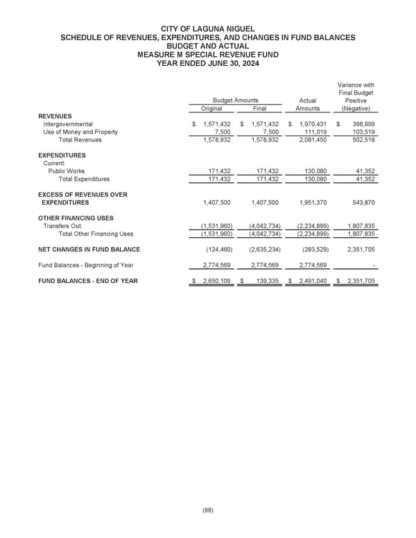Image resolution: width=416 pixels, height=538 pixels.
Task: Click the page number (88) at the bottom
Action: [x=207, y=510]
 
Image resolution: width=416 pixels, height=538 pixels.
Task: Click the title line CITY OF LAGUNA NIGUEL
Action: [x=207, y=28]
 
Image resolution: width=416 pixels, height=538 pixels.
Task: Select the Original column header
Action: [x=211, y=108]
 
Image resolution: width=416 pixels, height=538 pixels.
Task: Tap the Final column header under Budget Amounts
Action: [x=259, y=108]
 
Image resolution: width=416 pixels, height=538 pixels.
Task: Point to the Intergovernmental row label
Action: [x=68, y=124]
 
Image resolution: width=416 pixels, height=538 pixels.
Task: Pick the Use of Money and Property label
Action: [x=80, y=132]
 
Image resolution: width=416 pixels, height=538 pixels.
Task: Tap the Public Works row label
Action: [x=67, y=171]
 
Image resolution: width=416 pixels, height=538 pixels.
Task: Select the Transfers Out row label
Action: [x=62, y=226]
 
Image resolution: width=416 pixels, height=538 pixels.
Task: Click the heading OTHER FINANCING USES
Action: [x=77, y=218]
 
